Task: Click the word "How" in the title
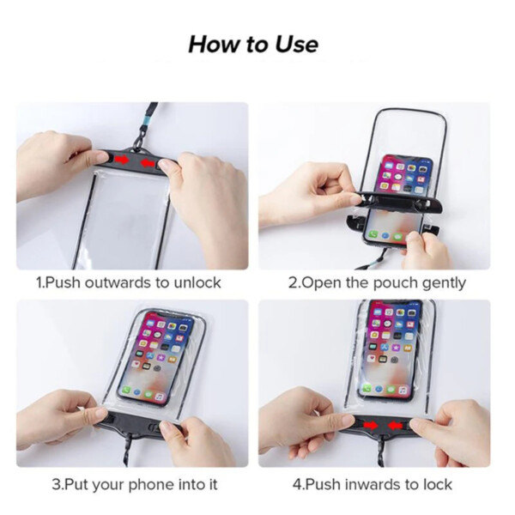(214, 45)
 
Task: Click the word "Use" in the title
(297, 45)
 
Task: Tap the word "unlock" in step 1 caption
(197, 282)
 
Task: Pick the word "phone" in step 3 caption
(150, 485)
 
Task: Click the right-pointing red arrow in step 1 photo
(122, 160)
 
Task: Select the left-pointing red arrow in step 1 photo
(148, 162)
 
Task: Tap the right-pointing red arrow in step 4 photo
(371, 426)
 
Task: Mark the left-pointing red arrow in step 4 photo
(395, 426)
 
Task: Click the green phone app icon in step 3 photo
(126, 391)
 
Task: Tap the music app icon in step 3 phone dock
(160, 397)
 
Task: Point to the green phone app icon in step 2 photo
(373, 234)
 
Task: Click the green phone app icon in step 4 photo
(367, 388)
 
